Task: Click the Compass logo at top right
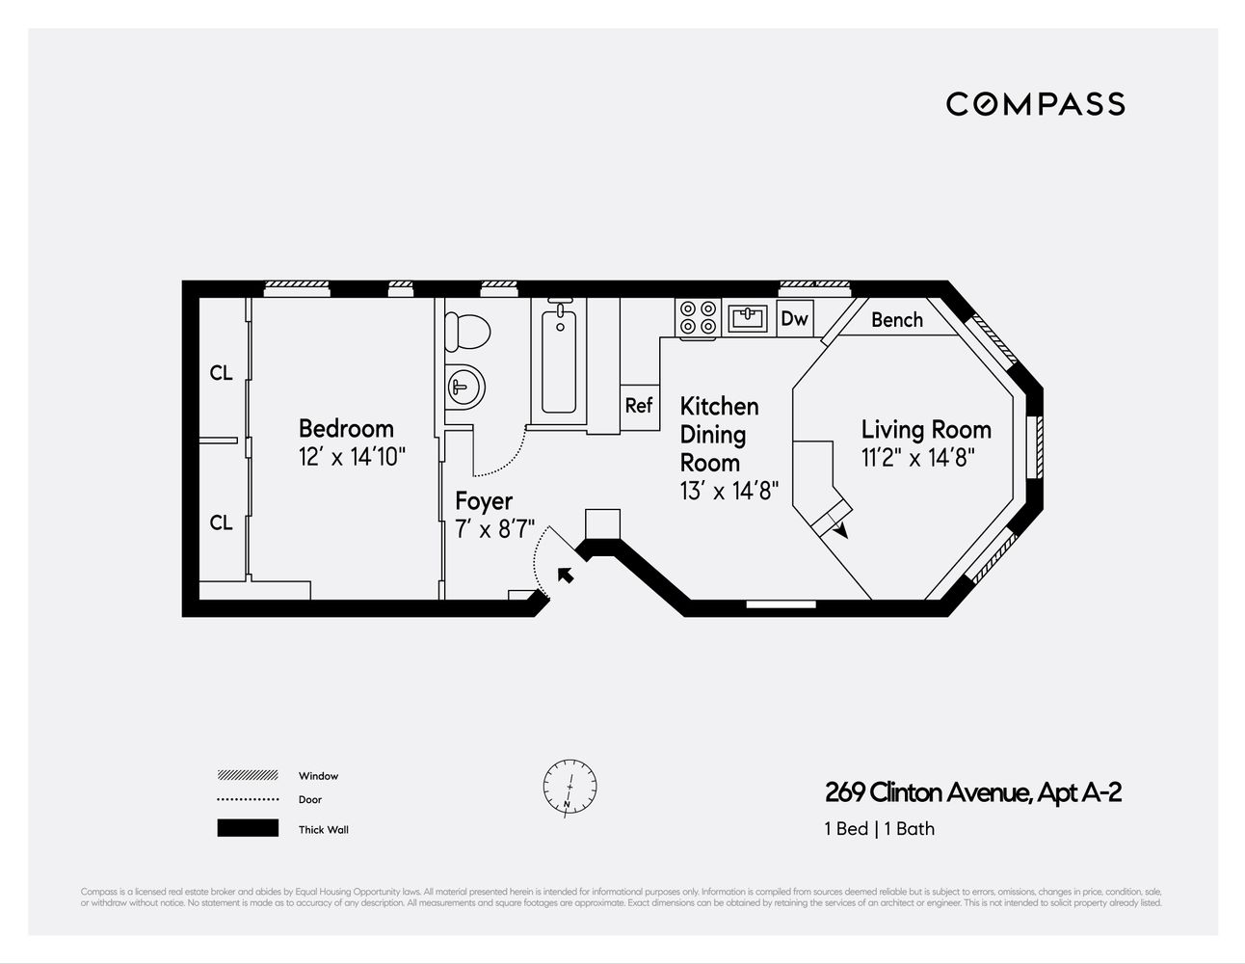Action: [1035, 104]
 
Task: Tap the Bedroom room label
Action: [346, 428]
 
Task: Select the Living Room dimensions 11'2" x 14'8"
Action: [918, 458]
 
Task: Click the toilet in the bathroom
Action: [467, 331]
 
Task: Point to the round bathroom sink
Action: [464, 388]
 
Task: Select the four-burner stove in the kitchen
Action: [699, 318]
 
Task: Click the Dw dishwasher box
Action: [794, 318]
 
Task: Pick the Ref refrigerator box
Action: [638, 406]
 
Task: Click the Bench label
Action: [896, 320]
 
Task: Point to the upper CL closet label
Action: [221, 373]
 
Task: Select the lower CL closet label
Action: [221, 522]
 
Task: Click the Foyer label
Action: [484, 501]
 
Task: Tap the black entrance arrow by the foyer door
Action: [566, 575]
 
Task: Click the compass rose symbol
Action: [570, 787]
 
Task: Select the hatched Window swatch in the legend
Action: [248, 775]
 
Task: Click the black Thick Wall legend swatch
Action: [248, 828]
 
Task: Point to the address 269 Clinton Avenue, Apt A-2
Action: [973, 792]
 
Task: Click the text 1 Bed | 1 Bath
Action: [879, 828]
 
